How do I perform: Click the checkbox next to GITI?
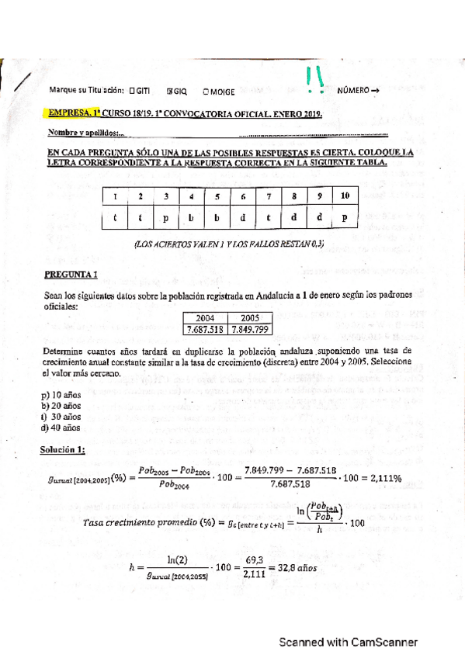click(x=134, y=91)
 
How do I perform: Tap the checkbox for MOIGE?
click(x=206, y=91)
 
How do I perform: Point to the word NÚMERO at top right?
click(x=352, y=91)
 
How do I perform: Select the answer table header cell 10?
click(x=344, y=196)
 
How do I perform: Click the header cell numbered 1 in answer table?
click(x=114, y=196)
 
